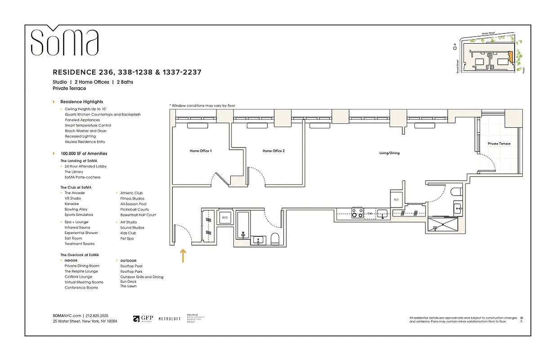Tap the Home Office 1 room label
[201, 151]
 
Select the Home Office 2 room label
[274, 151]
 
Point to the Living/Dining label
[389, 153]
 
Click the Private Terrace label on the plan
[499, 144]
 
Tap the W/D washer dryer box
[224, 218]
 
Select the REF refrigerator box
[396, 199]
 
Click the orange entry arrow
[183, 256]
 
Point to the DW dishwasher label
[370, 214]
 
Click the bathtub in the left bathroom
[243, 225]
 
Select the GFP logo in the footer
[143, 319]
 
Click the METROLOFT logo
[170, 319]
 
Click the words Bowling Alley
[76, 209]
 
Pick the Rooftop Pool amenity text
[130, 266]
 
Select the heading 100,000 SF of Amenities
[84, 153]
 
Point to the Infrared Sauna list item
[77, 227]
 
